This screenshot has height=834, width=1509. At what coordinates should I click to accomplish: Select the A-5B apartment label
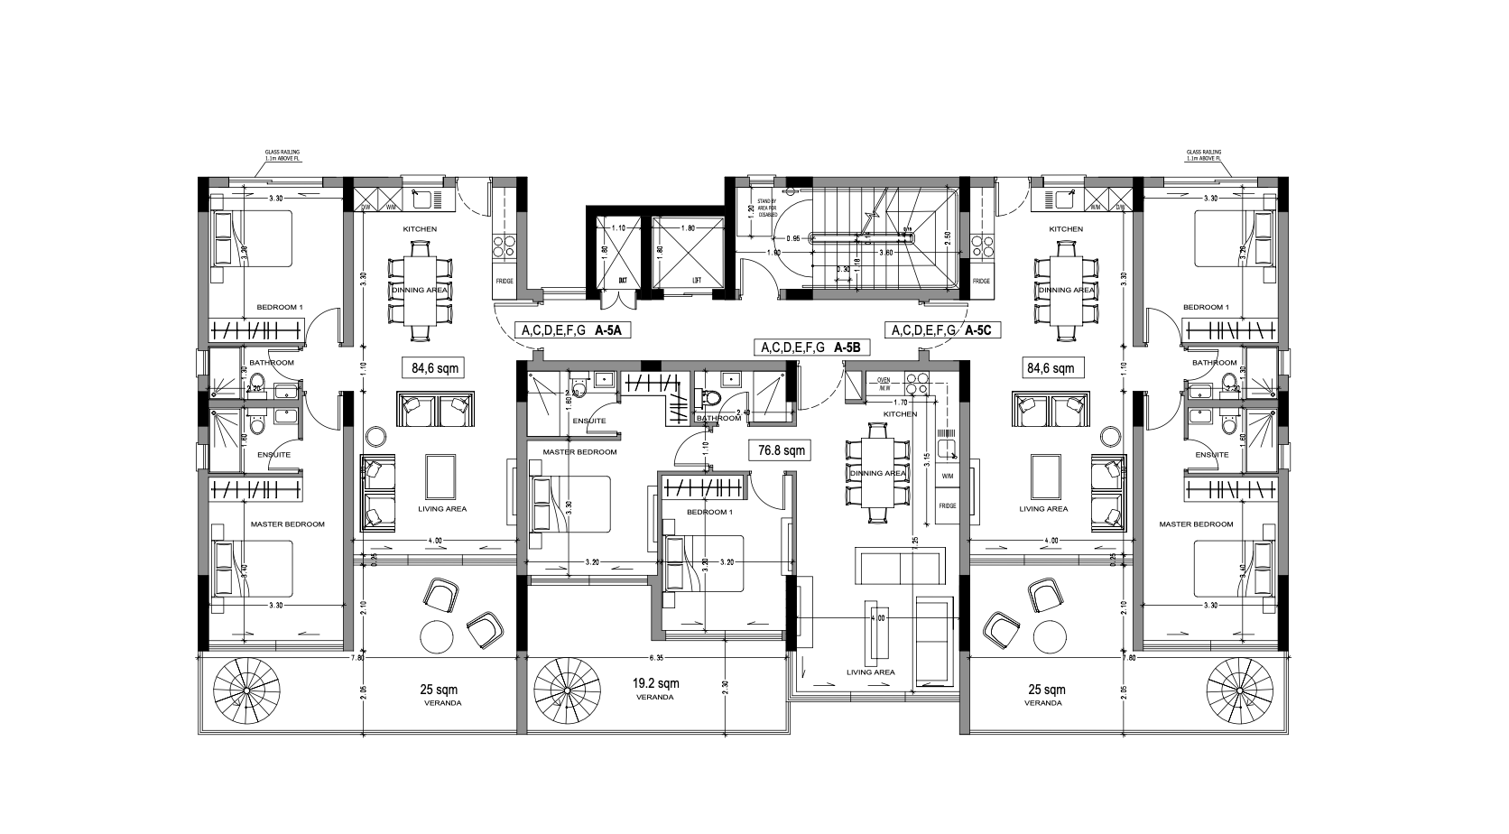click(x=850, y=347)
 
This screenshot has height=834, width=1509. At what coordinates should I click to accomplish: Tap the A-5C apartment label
click(x=977, y=331)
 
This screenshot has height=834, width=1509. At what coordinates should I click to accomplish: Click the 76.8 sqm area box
click(x=782, y=449)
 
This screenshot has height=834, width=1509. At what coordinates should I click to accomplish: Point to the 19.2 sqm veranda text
click(x=656, y=683)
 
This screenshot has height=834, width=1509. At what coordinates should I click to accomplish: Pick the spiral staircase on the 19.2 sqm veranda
click(x=567, y=691)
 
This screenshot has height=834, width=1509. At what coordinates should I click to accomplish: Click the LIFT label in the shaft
click(x=697, y=281)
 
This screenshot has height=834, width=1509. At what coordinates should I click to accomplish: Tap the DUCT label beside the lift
click(x=623, y=281)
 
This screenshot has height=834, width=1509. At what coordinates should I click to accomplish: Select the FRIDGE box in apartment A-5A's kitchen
click(x=505, y=281)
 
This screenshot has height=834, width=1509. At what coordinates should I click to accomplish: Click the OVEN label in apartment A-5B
click(x=883, y=380)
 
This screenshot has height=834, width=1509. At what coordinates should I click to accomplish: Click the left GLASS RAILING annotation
click(x=282, y=156)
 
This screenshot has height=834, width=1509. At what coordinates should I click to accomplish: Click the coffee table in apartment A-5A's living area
click(x=440, y=475)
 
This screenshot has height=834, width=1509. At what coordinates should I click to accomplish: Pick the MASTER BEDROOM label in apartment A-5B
click(x=579, y=451)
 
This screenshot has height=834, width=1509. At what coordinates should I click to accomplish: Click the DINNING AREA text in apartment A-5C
click(x=1066, y=290)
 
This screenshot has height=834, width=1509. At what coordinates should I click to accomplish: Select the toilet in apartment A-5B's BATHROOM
click(x=712, y=398)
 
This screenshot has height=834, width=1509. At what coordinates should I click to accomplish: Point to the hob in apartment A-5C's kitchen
click(x=981, y=246)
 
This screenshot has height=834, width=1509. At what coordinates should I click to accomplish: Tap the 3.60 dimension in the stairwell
click(x=887, y=253)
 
